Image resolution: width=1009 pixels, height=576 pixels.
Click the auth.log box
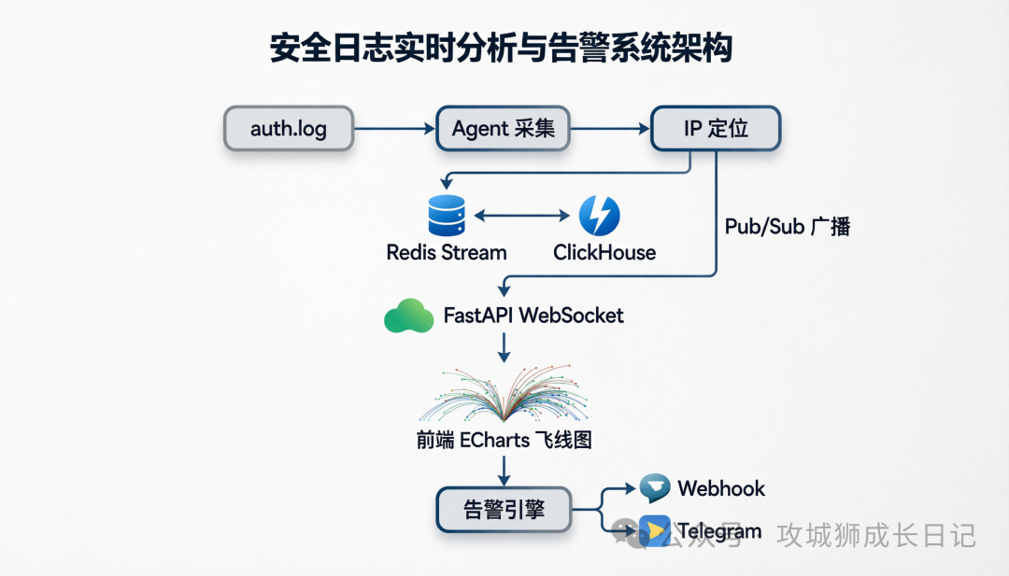point(289,129)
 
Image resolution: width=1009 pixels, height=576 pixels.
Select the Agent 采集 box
point(504,129)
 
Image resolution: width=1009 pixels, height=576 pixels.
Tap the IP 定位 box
point(716,129)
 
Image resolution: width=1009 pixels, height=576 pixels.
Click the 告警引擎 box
point(504,510)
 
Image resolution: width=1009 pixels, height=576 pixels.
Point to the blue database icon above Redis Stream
point(447,216)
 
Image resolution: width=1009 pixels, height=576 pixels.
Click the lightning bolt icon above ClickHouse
point(599,216)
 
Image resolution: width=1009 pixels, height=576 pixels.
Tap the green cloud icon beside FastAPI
point(408,316)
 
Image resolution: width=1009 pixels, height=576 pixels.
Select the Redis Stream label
point(447,253)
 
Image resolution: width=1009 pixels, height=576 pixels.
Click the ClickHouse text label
point(604,253)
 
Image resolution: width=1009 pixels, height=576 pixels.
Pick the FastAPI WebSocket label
point(533,316)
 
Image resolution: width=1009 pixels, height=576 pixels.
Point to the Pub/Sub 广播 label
point(788,226)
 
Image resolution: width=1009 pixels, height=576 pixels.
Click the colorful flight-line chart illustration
point(504,394)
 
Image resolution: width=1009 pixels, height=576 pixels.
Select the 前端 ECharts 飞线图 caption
point(504,441)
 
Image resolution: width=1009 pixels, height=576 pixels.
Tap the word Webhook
point(721,488)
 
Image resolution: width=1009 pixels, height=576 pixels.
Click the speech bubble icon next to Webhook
point(654,488)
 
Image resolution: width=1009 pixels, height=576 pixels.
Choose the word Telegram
point(719,531)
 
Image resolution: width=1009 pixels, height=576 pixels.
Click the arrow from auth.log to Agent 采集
point(394,129)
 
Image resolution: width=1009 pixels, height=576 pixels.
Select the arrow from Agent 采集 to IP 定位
point(610,129)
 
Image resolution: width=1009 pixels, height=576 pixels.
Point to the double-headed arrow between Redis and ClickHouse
point(522,216)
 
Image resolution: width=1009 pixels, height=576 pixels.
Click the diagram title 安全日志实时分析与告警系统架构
point(502,48)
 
